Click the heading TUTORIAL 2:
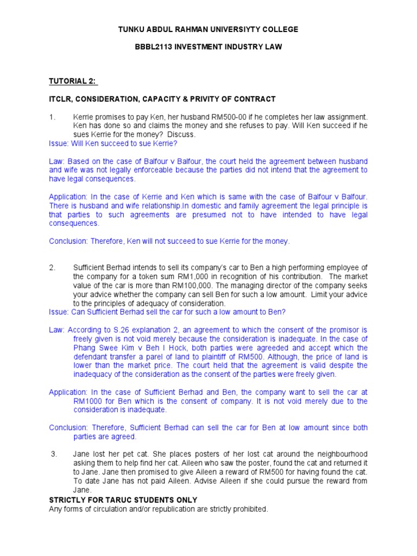coord(73,81)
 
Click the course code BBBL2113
coord(153,47)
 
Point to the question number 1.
coord(52,117)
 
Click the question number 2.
coord(52,268)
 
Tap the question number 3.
coord(54,454)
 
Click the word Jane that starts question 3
coord(82,454)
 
